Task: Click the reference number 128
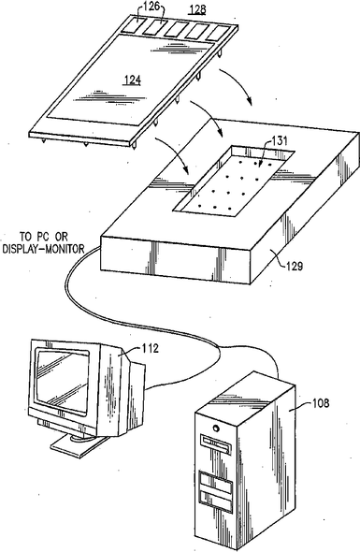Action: coord(197,8)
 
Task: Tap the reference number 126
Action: coord(151,6)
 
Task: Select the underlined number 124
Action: coord(133,80)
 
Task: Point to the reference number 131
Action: coord(280,141)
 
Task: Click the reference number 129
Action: coord(295,266)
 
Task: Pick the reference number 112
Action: coord(151,348)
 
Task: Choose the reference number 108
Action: coord(321,402)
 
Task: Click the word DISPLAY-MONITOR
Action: coord(43,249)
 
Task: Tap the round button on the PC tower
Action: coord(215,429)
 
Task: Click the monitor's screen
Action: coord(63,381)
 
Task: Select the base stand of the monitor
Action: coord(78,445)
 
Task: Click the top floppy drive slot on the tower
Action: coord(215,444)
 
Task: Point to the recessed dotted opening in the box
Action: coord(234,180)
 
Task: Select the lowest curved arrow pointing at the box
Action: coord(174,153)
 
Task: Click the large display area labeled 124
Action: coord(131,80)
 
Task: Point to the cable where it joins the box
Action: coord(100,248)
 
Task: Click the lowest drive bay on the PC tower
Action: coord(216,501)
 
